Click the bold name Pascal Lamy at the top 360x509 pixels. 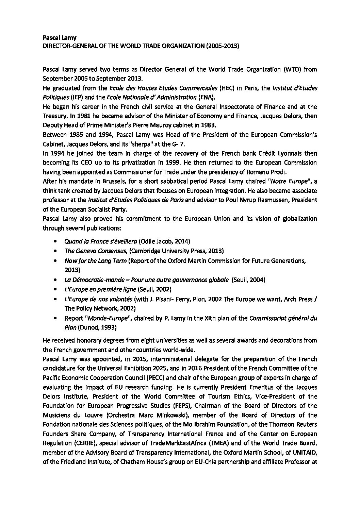pyautogui.click(x=56, y=38)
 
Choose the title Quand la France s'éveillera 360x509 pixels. pyautogui.click(x=101, y=241)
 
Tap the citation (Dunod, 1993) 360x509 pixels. pyautogui.click(x=97, y=327)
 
